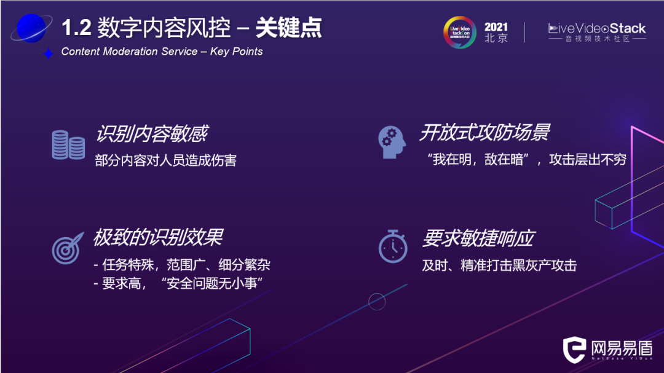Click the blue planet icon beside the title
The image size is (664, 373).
click(x=31, y=28)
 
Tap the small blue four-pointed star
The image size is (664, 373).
click(x=49, y=53)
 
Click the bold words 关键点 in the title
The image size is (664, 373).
click(x=288, y=28)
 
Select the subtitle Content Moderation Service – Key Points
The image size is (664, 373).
click(x=162, y=52)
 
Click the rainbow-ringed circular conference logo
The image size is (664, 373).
click(x=459, y=32)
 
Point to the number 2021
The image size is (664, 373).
click(x=496, y=27)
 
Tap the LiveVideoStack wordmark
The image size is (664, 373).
click(x=596, y=28)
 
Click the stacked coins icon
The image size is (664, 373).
click(x=68, y=145)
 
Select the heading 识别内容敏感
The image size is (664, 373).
click(x=152, y=133)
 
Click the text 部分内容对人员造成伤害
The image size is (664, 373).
click(x=165, y=160)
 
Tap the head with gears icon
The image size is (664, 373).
click(x=392, y=143)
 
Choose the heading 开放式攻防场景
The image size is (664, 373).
click(x=484, y=132)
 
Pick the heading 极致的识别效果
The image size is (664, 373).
click(x=157, y=237)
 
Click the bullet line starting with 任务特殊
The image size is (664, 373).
click(x=182, y=265)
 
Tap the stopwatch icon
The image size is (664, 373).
click(x=393, y=246)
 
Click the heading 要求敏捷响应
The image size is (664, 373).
click(x=478, y=238)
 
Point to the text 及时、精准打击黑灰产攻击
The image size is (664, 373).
click(x=499, y=265)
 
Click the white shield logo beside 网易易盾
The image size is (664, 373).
click(x=574, y=349)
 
